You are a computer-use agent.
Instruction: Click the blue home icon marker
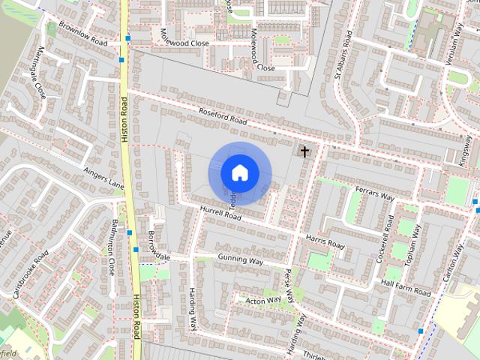pos(239,172)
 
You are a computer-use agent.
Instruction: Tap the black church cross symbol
pos(304,151)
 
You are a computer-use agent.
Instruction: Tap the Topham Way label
pos(418,244)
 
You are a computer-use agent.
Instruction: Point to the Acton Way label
pos(263,300)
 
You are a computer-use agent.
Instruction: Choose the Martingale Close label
pos(34,71)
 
